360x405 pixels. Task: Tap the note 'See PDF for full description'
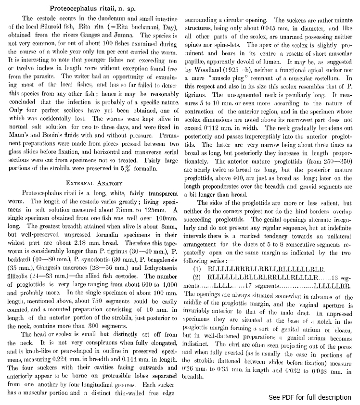(x=310, y=397)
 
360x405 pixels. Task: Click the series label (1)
(x=197, y=269)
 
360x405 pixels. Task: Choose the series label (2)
(x=197, y=277)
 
